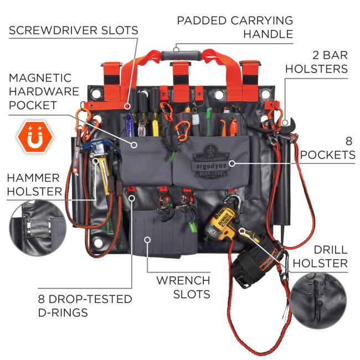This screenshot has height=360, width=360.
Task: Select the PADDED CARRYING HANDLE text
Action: (x=235, y=27)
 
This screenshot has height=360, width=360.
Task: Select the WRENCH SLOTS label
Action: (x=183, y=287)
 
